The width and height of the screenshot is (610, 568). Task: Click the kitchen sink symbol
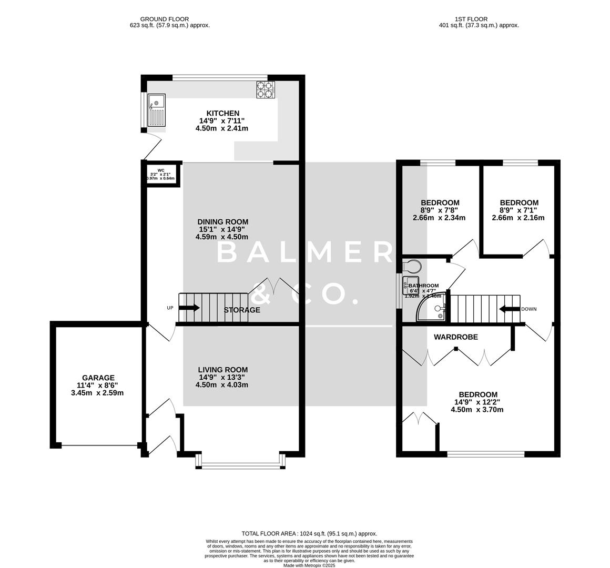tap(157, 110)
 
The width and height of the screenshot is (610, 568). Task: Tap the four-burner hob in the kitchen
tap(266, 90)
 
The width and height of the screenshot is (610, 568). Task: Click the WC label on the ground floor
tap(161, 170)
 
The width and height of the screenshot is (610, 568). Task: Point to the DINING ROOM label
tap(223, 222)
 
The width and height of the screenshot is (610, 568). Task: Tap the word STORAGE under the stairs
tap(242, 310)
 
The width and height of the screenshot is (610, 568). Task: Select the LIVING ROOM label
tap(222, 370)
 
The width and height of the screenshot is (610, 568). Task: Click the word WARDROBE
tap(456, 337)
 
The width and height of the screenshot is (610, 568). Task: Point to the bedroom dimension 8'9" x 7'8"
tap(440, 210)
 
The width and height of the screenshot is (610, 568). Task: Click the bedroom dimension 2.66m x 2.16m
tap(518, 218)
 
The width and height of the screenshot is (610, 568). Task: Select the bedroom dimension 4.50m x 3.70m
tap(477, 409)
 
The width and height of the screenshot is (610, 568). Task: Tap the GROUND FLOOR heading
tap(157, 19)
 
